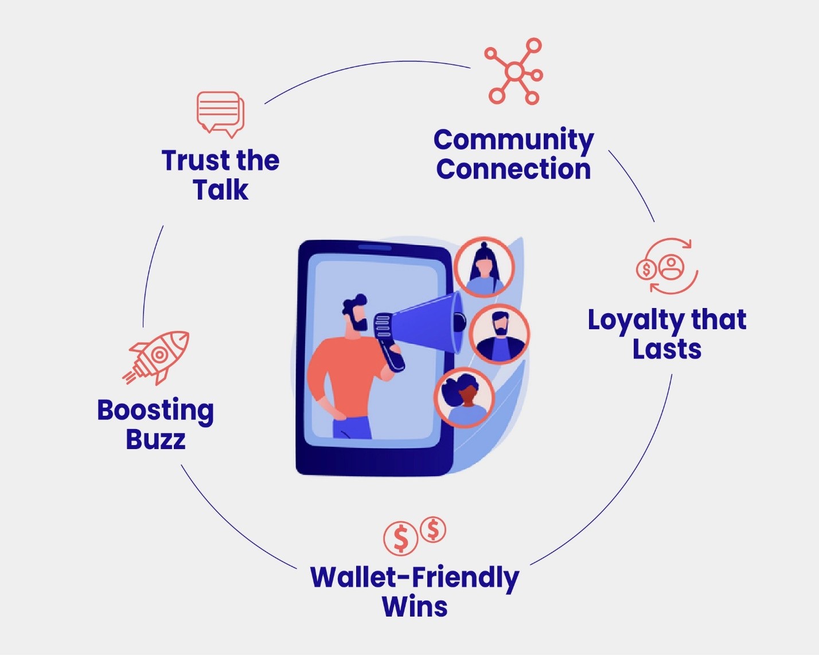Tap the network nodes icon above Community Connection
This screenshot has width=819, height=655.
click(x=514, y=72)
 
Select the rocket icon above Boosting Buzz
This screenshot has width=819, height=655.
click(x=157, y=357)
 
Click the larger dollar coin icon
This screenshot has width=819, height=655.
click(x=400, y=538)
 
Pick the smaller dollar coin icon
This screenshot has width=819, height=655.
click(x=433, y=529)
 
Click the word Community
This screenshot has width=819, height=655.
click(x=513, y=140)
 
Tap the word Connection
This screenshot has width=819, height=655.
click(x=513, y=169)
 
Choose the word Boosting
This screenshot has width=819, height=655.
click(x=155, y=411)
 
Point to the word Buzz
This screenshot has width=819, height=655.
click(x=155, y=440)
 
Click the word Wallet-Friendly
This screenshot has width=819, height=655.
click(x=414, y=578)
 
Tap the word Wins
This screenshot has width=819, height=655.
click(x=414, y=607)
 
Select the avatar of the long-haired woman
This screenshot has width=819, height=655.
click(x=484, y=267)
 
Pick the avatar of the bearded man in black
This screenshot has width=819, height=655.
click(x=500, y=334)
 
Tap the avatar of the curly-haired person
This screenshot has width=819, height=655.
click(x=463, y=397)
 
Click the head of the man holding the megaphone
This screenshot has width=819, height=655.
click(x=356, y=313)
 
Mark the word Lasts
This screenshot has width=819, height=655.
click(x=667, y=349)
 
